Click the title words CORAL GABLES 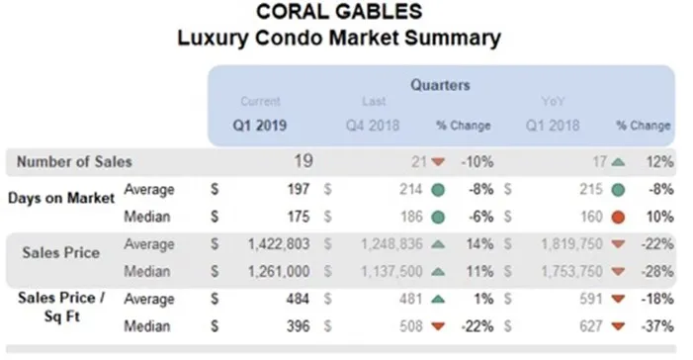(339, 13)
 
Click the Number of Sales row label (70, 161)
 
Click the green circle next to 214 (438, 188)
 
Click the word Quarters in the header (440, 84)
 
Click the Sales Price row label (60, 252)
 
